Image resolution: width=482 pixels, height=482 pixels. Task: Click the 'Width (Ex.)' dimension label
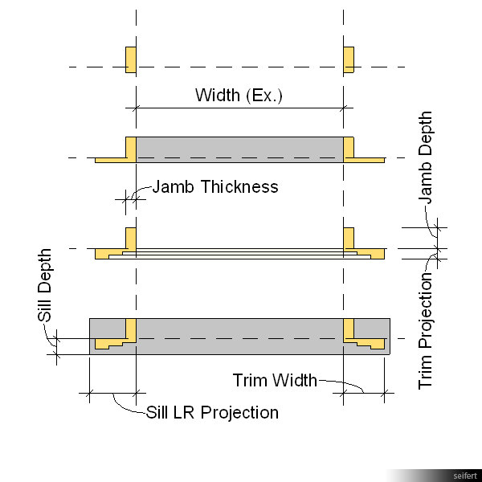pyautogui.click(x=239, y=96)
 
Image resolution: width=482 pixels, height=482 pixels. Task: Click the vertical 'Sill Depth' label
pyautogui.click(x=46, y=285)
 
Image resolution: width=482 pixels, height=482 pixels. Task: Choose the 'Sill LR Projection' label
pyautogui.click(x=212, y=413)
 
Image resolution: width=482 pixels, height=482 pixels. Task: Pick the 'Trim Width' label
pyautogui.click(x=274, y=380)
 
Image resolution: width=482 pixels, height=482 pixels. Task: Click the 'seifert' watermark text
pyautogui.click(x=464, y=476)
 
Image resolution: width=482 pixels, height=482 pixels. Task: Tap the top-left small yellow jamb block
pyautogui.click(x=130, y=59)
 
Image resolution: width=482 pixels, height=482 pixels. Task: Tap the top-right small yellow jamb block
pyautogui.click(x=349, y=59)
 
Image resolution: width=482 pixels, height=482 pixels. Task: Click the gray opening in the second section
pyautogui.click(x=239, y=148)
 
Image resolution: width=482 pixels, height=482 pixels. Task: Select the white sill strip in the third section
pyautogui.click(x=239, y=255)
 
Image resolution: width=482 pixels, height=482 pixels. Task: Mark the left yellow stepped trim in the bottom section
pyautogui.click(x=112, y=344)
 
